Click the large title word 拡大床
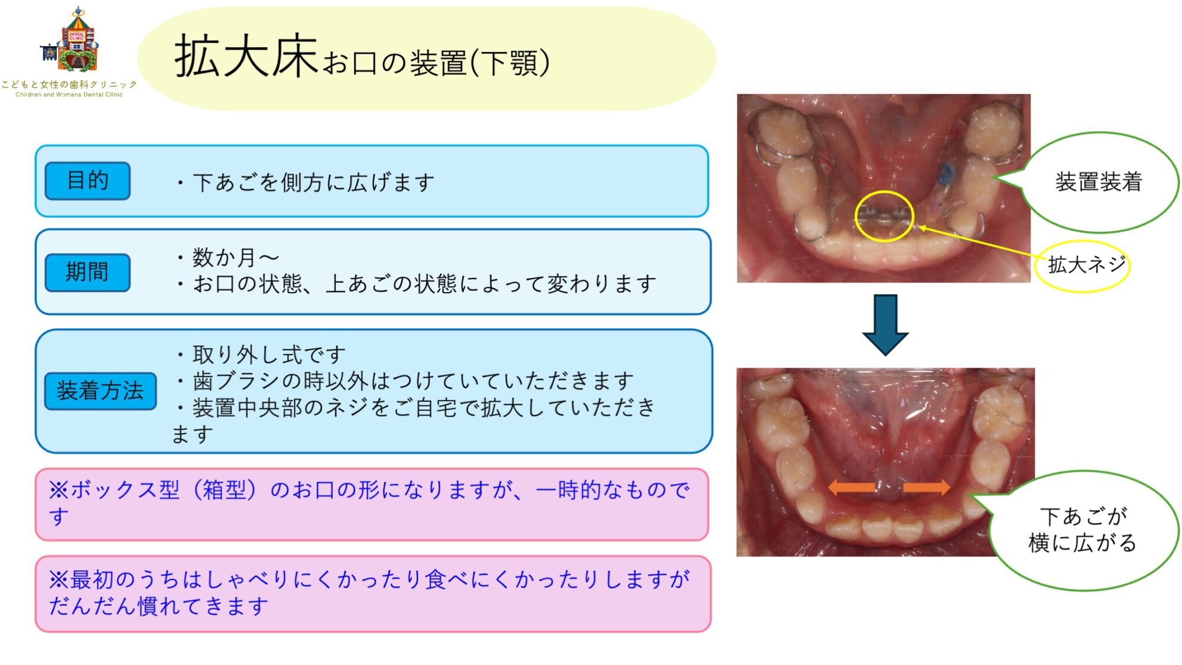(x=246, y=57)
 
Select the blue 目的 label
(x=87, y=181)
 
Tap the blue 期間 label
(x=87, y=273)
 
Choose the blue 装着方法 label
(x=100, y=391)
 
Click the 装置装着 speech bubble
(x=1098, y=182)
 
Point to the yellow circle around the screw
(x=884, y=216)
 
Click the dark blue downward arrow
(x=885, y=324)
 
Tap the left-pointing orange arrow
(x=852, y=488)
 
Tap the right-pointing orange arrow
(x=927, y=488)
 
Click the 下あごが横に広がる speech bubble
(x=1083, y=530)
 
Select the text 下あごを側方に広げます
(x=314, y=183)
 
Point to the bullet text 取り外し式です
(x=269, y=355)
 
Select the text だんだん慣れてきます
(x=158, y=606)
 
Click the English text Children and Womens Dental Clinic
(x=69, y=95)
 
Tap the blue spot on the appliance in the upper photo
(x=946, y=173)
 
